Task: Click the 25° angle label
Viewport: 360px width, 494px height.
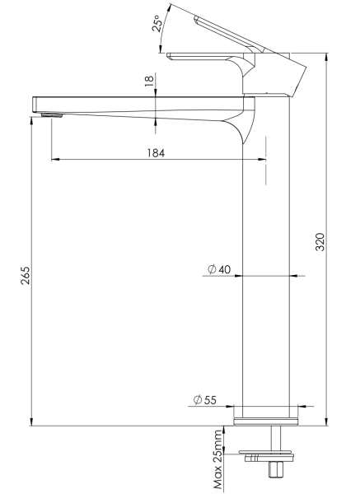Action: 157,25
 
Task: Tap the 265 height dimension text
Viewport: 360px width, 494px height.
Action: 26,276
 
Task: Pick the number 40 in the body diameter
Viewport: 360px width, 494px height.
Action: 224,269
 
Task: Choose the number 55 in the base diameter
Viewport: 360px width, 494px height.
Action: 210,400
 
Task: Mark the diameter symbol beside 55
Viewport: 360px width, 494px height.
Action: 198,400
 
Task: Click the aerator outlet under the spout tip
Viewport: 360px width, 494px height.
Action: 51,115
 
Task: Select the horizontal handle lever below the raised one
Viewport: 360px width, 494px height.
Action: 206,57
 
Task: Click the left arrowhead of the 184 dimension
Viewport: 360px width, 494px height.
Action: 54,159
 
